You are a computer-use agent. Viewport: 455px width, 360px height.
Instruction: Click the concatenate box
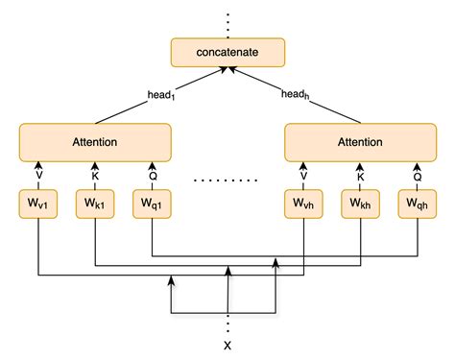(x=227, y=52)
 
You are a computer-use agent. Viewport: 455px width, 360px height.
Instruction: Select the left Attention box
(x=94, y=142)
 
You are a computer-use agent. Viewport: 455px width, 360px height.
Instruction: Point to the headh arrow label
(x=295, y=94)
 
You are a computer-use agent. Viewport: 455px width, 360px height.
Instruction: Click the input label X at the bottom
(x=227, y=344)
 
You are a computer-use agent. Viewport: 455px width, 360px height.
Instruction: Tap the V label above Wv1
(x=37, y=176)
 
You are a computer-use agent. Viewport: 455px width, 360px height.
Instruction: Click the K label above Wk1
(x=94, y=176)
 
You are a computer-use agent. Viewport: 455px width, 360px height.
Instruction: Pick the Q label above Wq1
(x=151, y=176)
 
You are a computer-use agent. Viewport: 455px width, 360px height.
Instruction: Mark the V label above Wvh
(x=304, y=176)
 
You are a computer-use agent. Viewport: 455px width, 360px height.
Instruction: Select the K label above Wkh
(x=361, y=176)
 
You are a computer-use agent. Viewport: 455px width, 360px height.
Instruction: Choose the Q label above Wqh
(x=418, y=176)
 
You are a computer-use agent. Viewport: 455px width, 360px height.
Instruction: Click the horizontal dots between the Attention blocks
(x=227, y=179)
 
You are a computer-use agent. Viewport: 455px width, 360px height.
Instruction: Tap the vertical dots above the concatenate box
(x=227, y=19)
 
